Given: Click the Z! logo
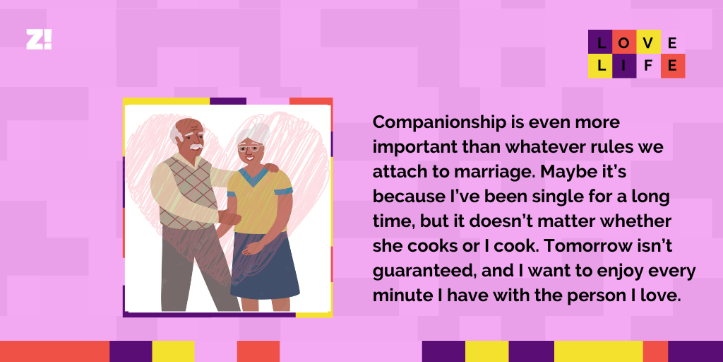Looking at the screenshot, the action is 39,40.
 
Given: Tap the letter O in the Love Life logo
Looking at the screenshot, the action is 624,43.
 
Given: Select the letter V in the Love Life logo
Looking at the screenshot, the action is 648,43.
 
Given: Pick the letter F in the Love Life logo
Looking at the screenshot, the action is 648,66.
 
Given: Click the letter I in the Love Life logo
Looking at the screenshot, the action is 624,66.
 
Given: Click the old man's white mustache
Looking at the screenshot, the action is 196,147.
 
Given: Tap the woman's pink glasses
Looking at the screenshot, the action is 250,147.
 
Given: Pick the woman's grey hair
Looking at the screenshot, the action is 253,132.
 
